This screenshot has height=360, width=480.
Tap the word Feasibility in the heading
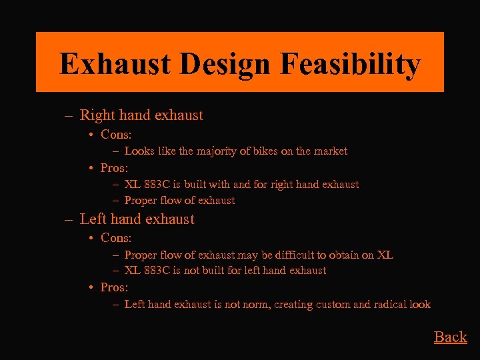tap(351, 65)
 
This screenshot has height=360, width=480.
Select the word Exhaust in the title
tap(114, 65)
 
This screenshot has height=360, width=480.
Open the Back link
tap(451, 337)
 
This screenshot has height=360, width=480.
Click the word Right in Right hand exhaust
tap(97, 115)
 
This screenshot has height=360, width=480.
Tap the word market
tap(329, 151)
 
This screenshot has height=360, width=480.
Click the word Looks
tap(139, 151)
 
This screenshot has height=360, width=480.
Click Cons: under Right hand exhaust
tap(116, 135)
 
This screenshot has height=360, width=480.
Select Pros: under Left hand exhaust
tap(114, 287)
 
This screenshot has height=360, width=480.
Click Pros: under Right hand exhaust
tap(114, 168)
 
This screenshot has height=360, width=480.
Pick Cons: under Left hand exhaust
tap(116, 238)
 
